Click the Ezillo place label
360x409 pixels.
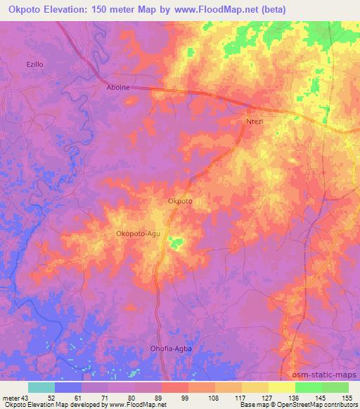[35, 64]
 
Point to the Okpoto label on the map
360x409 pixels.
[180, 202]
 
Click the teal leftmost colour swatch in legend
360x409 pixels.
[41, 387]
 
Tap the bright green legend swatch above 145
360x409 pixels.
[309, 387]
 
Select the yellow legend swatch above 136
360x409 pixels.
[282, 387]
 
